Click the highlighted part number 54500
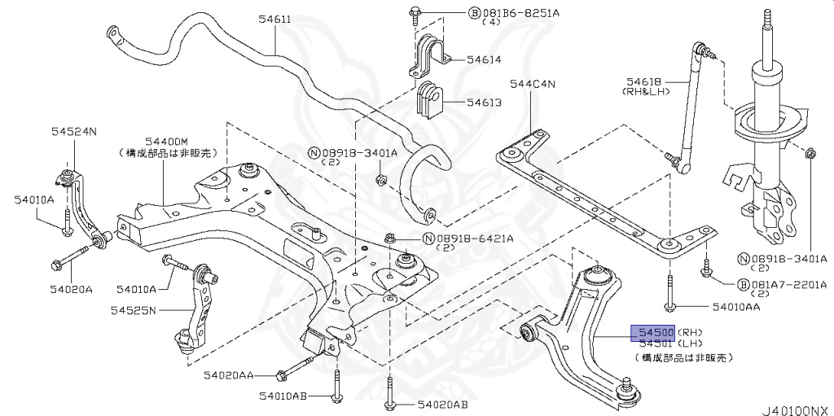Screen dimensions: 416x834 coord(656,333)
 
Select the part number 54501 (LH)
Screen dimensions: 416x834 coord(656,345)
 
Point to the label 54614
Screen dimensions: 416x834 coord(484,60)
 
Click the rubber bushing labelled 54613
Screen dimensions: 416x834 coord(428,101)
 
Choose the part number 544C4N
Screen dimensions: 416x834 coord(532,83)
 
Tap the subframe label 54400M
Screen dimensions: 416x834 coord(166,141)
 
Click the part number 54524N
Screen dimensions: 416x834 coord(73,130)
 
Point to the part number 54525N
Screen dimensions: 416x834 coord(137,310)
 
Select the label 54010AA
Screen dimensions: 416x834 coord(736,307)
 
